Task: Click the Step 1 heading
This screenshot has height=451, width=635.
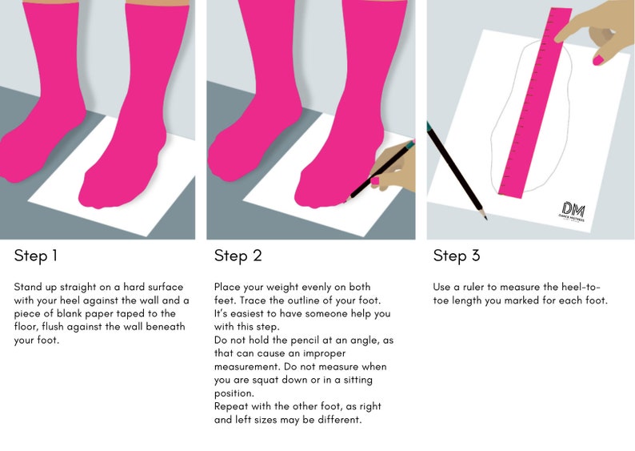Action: click(36, 256)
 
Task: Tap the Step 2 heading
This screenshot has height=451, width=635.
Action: click(238, 256)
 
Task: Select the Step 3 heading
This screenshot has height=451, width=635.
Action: click(457, 256)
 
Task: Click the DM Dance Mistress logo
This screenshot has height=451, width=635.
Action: click(572, 211)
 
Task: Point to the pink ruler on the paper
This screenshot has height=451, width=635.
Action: click(535, 103)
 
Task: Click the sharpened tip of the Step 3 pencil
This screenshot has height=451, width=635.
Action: click(485, 218)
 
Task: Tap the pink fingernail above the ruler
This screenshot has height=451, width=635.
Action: click(598, 60)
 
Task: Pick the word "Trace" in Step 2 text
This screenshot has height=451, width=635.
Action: click(251, 300)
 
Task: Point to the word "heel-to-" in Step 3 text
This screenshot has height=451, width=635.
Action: click(581, 287)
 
